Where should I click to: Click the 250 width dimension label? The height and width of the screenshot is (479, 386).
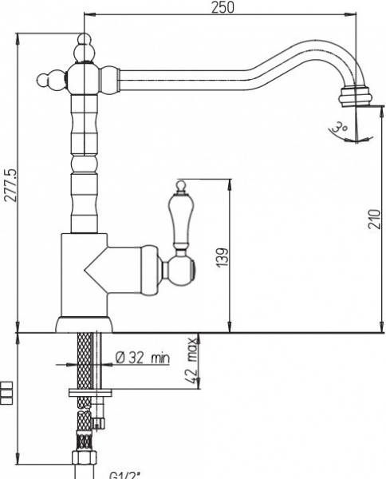pos(223,7)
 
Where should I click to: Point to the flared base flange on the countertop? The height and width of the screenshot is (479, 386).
pos(85,324)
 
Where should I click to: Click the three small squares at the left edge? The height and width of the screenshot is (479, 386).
pos(7,393)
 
